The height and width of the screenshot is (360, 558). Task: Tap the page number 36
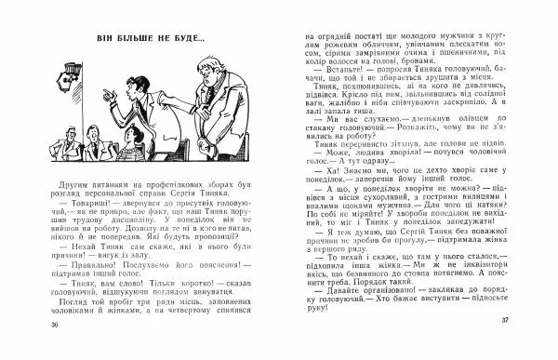pos(56,350)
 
